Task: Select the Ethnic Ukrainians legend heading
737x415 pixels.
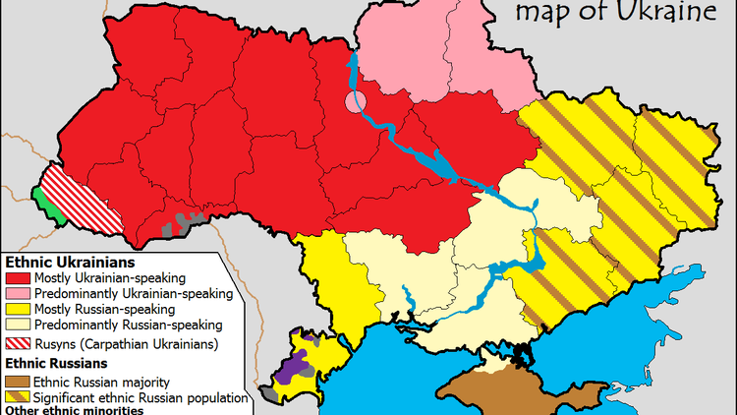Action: pyautogui.click(x=71, y=264)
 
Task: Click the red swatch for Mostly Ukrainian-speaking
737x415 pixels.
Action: pyautogui.click(x=18, y=278)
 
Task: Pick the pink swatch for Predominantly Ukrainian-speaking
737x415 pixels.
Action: pyautogui.click(x=18, y=293)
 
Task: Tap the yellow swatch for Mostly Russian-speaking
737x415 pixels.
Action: pyautogui.click(x=18, y=309)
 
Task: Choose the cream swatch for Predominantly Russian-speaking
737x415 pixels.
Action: pyautogui.click(x=18, y=324)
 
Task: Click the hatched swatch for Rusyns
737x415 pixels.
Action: pyautogui.click(x=18, y=344)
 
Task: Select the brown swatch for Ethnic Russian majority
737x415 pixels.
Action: pyautogui.click(x=18, y=382)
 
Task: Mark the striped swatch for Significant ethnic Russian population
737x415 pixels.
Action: pyautogui.click(x=18, y=397)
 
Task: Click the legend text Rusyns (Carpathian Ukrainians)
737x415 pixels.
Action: pyautogui.click(x=125, y=344)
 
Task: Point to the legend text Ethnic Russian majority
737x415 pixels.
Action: pyautogui.click(x=101, y=382)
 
